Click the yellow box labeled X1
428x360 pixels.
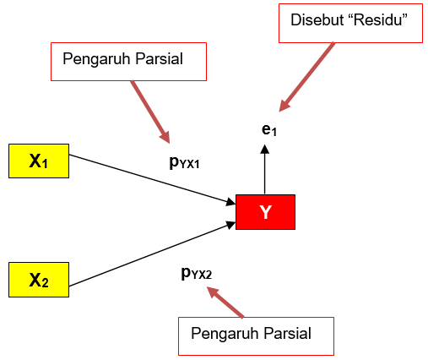click(x=38, y=161)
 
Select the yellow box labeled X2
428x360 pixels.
click(x=38, y=281)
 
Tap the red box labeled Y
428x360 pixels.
click(x=265, y=212)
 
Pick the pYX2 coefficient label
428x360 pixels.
click(x=196, y=272)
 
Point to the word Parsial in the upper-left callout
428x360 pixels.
click(x=164, y=59)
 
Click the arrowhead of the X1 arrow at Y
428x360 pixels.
click(x=230, y=202)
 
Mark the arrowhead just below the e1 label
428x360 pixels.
click(x=265, y=149)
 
